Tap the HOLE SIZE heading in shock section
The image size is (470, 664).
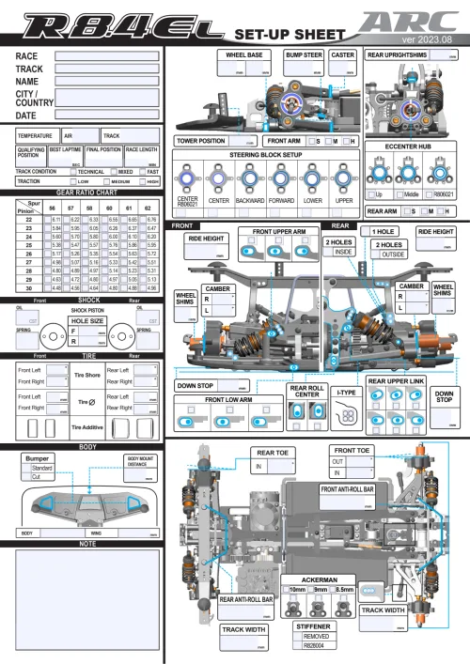pyautogui.click(x=86, y=320)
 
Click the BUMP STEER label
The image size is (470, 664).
pyautogui.click(x=304, y=54)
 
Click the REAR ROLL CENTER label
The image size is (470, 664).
pyautogui.click(x=305, y=392)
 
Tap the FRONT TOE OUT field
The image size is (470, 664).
pyautogui.click(x=360, y=461)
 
